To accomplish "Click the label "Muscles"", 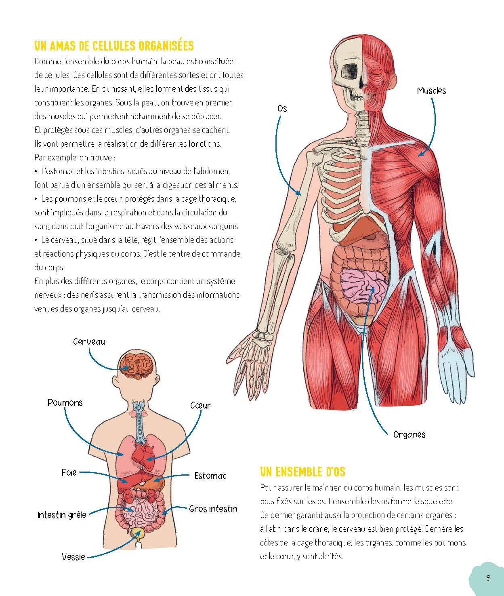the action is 431,91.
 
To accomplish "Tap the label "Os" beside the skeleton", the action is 282,109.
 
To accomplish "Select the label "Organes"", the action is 409,434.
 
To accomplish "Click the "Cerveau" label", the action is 89,342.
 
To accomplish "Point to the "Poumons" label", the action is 65,402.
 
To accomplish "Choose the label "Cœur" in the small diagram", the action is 201,405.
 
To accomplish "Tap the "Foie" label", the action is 69,473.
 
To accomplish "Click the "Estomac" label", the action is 210,476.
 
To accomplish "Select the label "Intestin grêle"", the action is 62,515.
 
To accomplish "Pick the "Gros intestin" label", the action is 213,509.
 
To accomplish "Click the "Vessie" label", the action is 73,557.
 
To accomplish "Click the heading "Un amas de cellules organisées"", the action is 114,46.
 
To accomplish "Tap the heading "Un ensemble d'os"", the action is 302,472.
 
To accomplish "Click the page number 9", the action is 488,577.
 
